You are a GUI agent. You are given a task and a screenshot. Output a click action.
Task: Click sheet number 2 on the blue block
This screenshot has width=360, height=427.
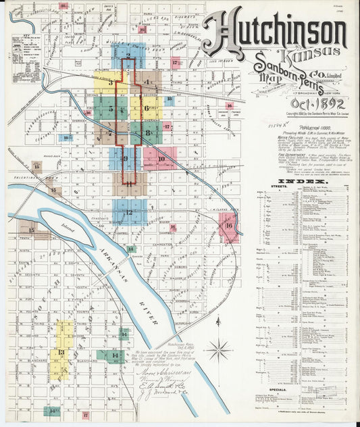pos(128,56)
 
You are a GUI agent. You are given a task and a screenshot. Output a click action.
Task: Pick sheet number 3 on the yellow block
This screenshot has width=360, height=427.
pos(110,81)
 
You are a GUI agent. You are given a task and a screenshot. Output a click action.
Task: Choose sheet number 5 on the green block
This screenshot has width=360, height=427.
pos(111,108)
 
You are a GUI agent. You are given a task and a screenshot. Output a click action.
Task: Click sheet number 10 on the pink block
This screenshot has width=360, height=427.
pos(161,159)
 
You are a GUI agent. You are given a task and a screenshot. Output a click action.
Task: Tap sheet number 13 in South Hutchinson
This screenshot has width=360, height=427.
pos(61,352)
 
